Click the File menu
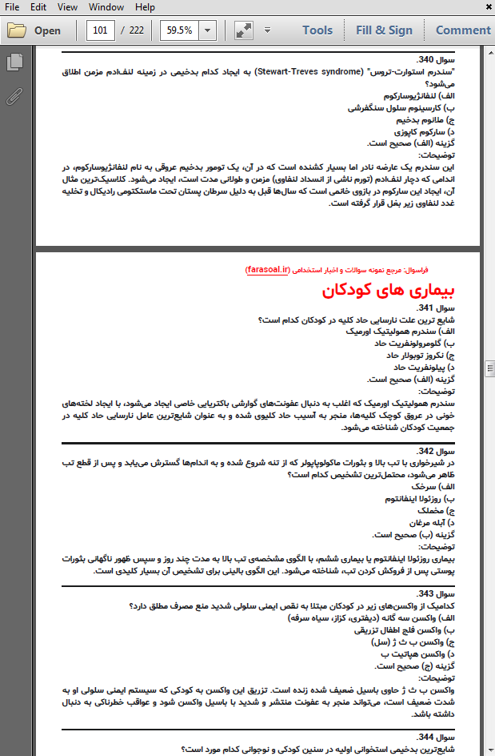12,7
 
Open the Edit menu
38,7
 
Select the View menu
67,7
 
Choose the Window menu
106,7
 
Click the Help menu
145,7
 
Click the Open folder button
34,31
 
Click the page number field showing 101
100,30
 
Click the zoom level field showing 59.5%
178,30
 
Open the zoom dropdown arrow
208,30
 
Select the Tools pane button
317,30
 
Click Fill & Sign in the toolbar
384,30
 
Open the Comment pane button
462,30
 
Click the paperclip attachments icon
14,98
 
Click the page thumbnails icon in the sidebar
14,62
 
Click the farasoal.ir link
269,271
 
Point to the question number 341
437,308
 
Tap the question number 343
437,593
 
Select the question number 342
437,451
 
